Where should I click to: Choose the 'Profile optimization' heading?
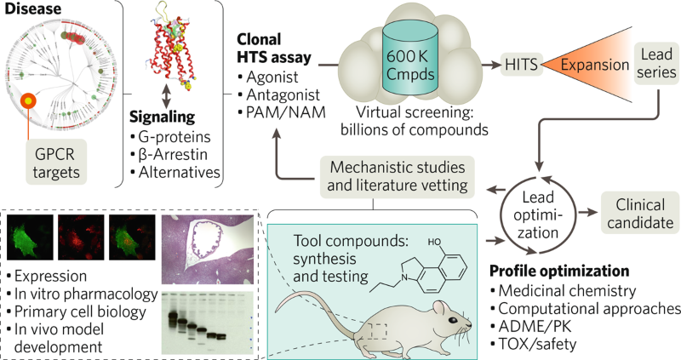click(x=561, y=272)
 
